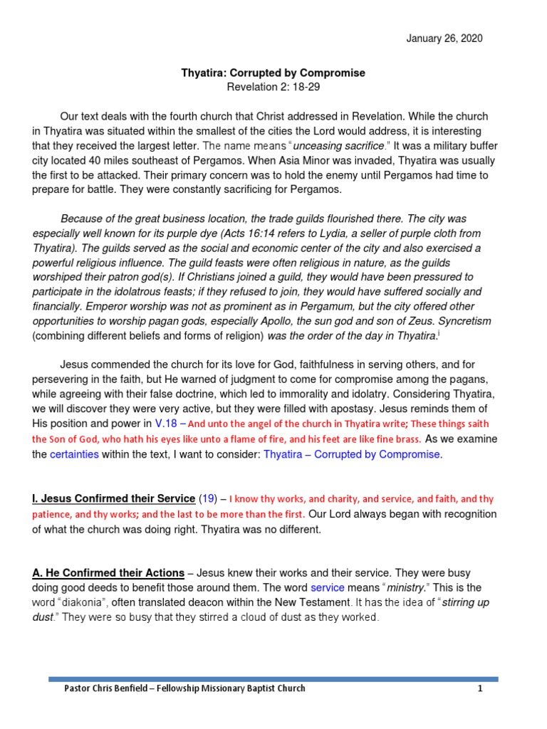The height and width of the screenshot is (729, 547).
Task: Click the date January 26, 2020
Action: (x=444, y=38)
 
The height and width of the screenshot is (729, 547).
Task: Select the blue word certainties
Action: (x=74, y=454)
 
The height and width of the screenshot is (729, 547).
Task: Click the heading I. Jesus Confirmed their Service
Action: (x=113, y=498)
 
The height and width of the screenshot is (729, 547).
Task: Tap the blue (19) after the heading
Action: (x=209, y=498)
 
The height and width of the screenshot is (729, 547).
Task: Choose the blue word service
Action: (x=327, y=588)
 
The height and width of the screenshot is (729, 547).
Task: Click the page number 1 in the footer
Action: (x=480, y=688)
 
